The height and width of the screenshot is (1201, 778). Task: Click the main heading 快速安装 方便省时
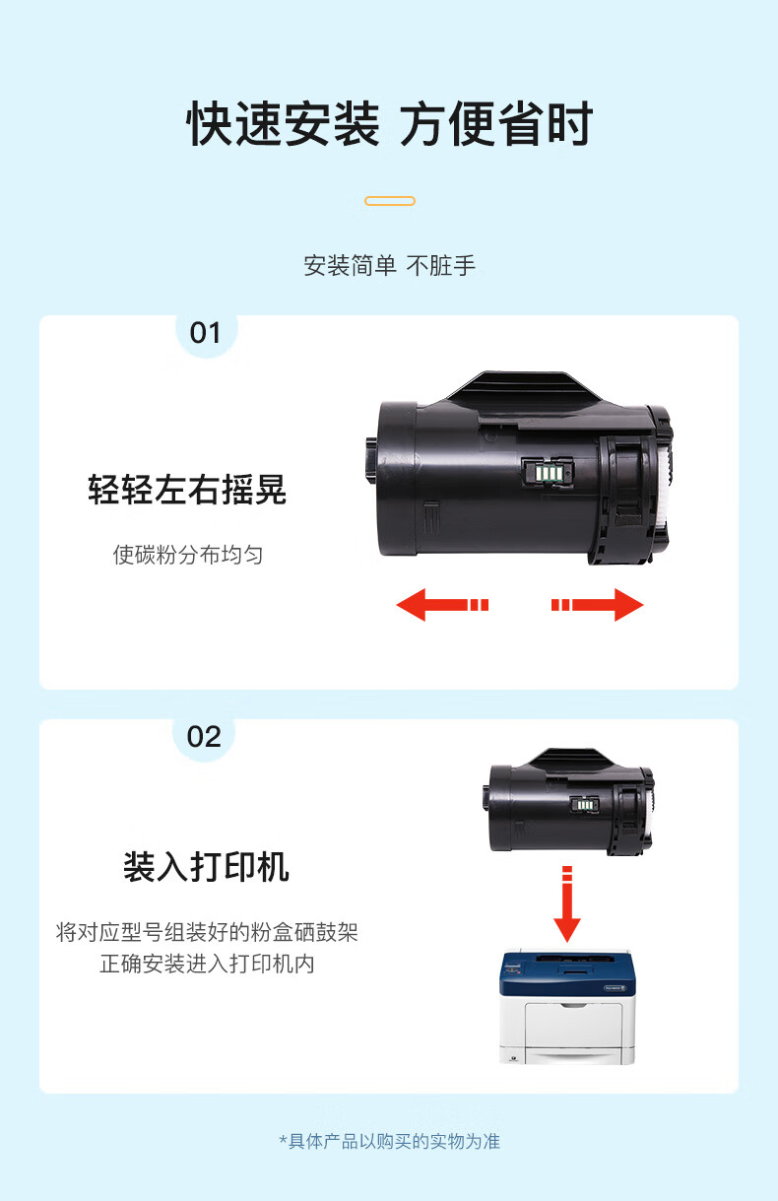click(x=390, y=124)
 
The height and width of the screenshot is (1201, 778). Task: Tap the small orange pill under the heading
click(x=390, y=201)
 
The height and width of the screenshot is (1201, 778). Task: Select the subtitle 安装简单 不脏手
click(x=390, y=266)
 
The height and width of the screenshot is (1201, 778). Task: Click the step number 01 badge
click(x=206, y=333)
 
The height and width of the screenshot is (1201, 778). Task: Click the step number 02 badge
click(x=204, y=737)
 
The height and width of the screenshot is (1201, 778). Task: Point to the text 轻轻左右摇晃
click(x=187, y=490)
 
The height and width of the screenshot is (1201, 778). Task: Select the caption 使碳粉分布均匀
click(x=187, y=555)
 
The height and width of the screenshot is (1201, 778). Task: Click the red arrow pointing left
click(x=442, y=605)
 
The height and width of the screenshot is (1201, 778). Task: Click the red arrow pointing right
click(x=598, y=605)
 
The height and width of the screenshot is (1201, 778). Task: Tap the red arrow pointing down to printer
click(x=567, y=904)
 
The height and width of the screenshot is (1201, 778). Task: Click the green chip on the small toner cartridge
click(x=584, y=805)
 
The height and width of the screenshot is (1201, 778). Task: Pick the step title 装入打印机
click(x=207, y=867)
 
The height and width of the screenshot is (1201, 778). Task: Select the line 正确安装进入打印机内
click(x=207, y=964)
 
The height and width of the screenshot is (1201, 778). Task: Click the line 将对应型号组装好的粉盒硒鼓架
click(x=207, y=932)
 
